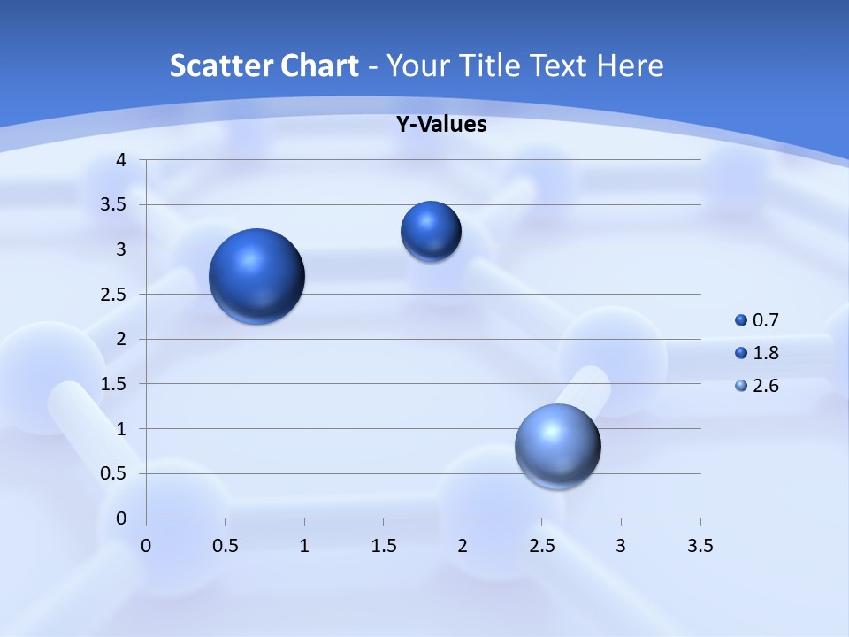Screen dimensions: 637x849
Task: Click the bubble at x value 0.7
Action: click(256, 276)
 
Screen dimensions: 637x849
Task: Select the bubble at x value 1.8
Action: click(431, 232)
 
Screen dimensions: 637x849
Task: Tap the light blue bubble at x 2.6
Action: click(557, 446)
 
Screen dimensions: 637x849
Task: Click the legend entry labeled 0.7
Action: click(758, 320)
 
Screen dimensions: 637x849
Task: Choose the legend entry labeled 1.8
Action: click(758, 353)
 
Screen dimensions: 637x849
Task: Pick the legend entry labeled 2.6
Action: click(758, 386)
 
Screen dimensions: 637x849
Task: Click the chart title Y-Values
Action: click(441, 125)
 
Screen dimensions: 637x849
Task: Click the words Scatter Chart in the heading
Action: click(264, 65)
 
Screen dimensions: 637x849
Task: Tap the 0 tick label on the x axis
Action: click(147, 546)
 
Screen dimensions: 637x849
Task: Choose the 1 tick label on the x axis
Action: click(305, 546)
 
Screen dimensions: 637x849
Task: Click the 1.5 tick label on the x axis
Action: click(384, 546)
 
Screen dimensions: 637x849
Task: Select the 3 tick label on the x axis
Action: click(621, 546)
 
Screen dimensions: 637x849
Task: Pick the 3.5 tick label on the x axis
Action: click(700, 546)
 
